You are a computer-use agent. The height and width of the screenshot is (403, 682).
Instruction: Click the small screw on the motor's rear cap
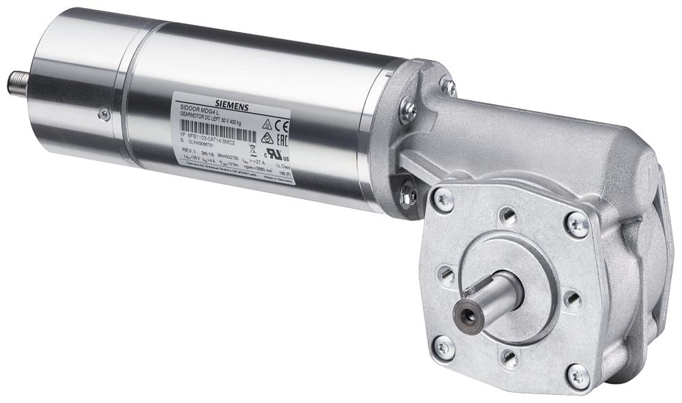pyautogui.click(x=104, y=115)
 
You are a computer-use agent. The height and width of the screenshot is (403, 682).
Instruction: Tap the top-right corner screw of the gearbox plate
pyautogui.click(x=577, y=224)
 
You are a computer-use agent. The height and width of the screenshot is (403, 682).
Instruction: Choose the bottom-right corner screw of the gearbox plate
pyautogui.click(x=578, y=375)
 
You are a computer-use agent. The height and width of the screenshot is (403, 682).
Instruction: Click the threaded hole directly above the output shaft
pyautogui.click(x=508, y=217)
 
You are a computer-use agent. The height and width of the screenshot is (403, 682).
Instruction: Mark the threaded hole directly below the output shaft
pyautogui.click(x=509, y=357)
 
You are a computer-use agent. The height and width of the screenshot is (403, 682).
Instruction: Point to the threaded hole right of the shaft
pyautogui.click(x=572, y=299)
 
